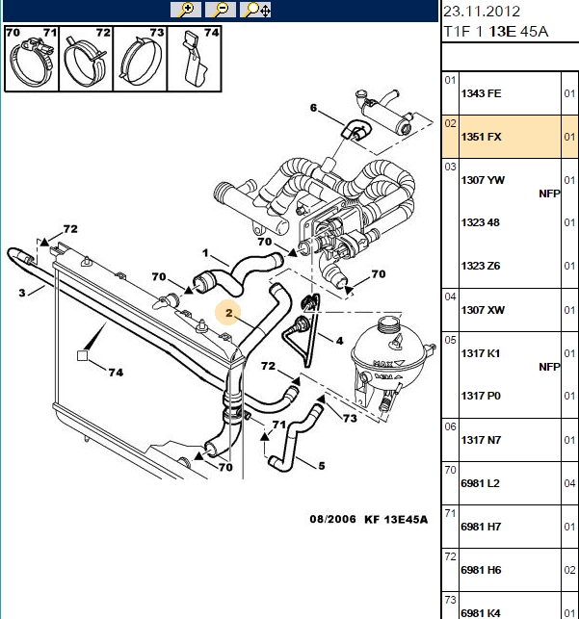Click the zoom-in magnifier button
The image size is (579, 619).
pyautogui.click(x=186, y=10)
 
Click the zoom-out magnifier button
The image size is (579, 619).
pyautogui.click(x=221, y=10)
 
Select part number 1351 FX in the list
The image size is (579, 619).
pyautogui.click(x=481, y=137)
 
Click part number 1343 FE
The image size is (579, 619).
pyautogui.click(x=481, y=93)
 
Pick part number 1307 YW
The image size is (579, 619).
pyautogui.click(x=483, y=180)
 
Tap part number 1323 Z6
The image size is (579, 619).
pyautogui.click(x=481, y=266)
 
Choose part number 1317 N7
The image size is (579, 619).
pyautogui.click(x=481, y=440)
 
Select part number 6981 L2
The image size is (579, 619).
pyautogui.click(x=481, y=483)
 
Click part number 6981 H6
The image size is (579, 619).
pyautogui.click(x=481, y=570)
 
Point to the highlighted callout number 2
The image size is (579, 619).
pyautogui.click(x=229, y=313)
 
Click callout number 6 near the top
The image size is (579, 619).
pyautogui.click(x=314, y=108)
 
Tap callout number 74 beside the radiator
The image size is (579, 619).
pyautogui.click(x=117, y=373)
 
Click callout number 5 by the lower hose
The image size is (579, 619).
pyautogui.click(x=322, y=466)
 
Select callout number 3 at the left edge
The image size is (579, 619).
pyautogui.click(x=22, y=293)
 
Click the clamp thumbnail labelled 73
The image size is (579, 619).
pyautogui.click(x=141, y=59)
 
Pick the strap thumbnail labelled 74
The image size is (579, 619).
pyautogui.click(x=195, y=59)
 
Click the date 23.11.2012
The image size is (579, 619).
pyautogui.click(x=482, y=12)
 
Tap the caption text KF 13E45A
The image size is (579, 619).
pyautogui.click(x=396, y=519)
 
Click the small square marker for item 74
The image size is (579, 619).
pyautogui.click(x=82, y=355)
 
